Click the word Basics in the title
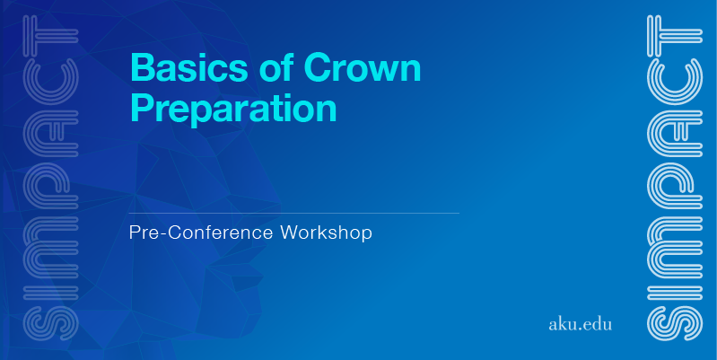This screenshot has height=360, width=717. (x=188, y=67)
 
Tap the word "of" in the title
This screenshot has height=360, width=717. (x=276, y=66)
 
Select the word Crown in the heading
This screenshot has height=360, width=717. (x=363, y=67)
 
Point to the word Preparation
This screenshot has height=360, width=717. (x=233, y=109)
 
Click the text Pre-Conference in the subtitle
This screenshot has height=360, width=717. (x=201, y=233)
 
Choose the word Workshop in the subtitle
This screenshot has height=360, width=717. (x=326, y=233)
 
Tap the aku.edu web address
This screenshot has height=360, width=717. (x=580, y=324)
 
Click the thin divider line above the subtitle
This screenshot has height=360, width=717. (x=294, y=213)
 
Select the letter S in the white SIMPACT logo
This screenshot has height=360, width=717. (x=675, y=323)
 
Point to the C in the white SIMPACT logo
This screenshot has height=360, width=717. (x=675, y=82)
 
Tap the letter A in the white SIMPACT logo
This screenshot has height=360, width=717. (x=675, y=134)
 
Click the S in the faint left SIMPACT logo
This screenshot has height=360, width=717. (x=50, y=323)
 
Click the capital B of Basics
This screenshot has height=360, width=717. (x=144, y=67)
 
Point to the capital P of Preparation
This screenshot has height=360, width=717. (x=143, y=108)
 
